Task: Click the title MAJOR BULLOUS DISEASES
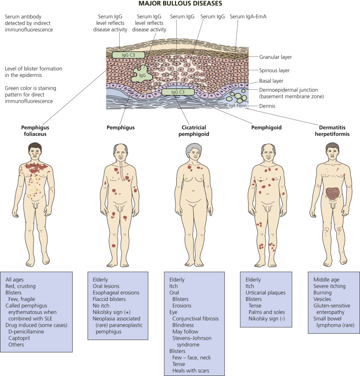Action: [180, 5]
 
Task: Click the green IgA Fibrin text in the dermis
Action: [239, 105]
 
